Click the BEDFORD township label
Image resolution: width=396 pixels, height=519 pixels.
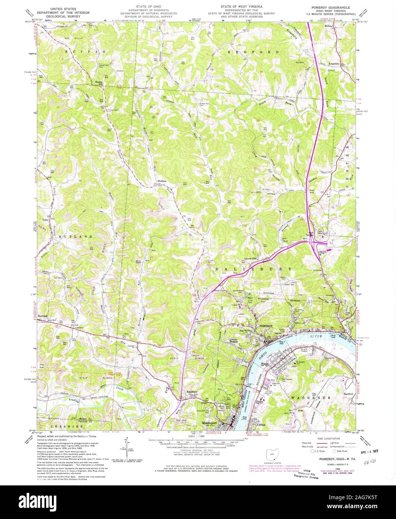[253, 52]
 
